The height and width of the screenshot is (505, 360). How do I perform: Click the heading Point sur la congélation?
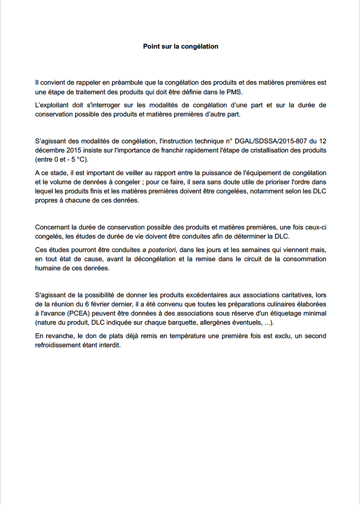(180, 47)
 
